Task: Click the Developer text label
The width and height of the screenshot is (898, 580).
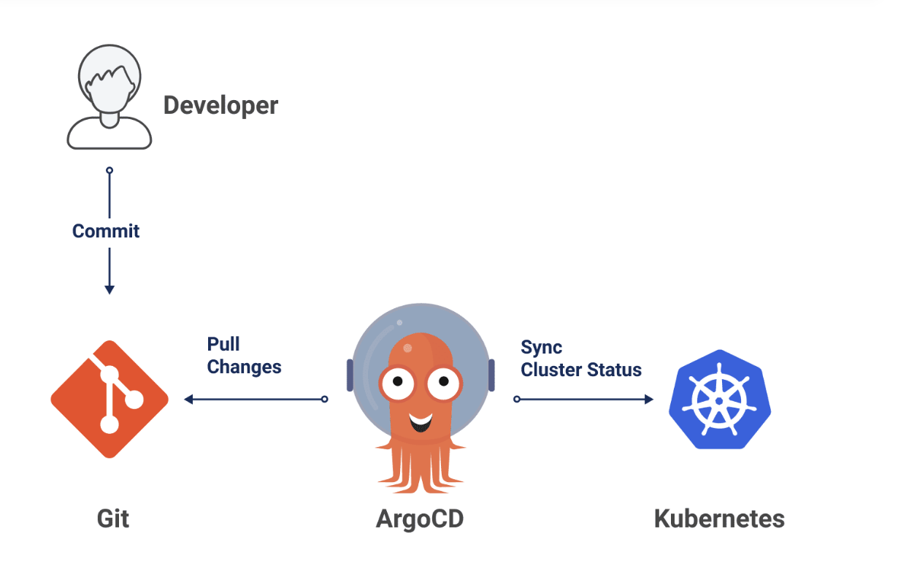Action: pyautogui.click(x=220, y=105)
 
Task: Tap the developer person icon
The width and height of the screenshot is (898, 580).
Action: pyautogui.click(x=110, y=97)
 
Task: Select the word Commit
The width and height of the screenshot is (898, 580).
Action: pyautogui.click(x=106, y=232)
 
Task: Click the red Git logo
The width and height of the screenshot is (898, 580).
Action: pyautogui.click(x=110, y=399)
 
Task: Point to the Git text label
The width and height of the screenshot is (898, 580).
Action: pyautogui.click(x=113, y=519)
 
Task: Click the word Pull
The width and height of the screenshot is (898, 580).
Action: pyautogui.click(x=223, y=344)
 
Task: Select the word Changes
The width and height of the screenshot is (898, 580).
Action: pyautogui.click(x=244, y=367)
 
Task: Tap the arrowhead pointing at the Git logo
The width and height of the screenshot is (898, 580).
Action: pyautogui.click(x=188, y=399)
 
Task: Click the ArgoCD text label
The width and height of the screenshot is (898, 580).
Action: pyautogui.click(x=419, y=519)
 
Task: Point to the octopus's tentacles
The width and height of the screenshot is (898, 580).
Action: pyautogui.click(x=421, y=468)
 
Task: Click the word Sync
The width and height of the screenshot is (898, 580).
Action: pyautogui.click(x=541, y=347)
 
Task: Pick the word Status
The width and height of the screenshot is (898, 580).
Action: pyautogui.click(x=617, y=370)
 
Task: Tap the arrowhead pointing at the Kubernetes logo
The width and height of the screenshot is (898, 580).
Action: pyautogui.click(x=648, y=399)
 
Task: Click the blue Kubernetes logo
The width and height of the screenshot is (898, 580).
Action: pyautogui.click(x=719, y=399)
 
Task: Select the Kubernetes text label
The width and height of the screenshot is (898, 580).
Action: pyautogui.click(x=718, y=519)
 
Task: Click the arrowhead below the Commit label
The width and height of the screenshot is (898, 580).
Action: pyautogui.click(x=110, y=289)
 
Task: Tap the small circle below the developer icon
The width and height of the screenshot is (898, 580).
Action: pyautogui.click(x=110, y=170)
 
